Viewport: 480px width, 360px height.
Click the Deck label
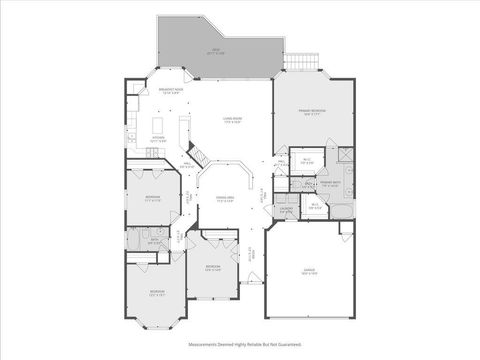(x=216, y=51)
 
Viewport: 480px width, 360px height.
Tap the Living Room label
(x=232, y=120)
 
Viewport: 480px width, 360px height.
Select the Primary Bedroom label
(x=314, y=112)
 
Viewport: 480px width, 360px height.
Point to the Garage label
(x=310, y=271)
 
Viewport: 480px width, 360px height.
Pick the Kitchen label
(x=158, y=139)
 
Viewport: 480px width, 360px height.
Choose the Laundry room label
(x=287, y=211)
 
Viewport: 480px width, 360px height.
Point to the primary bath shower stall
(x=343, y=154)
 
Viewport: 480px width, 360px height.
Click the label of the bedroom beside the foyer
(x=212, y=267)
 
